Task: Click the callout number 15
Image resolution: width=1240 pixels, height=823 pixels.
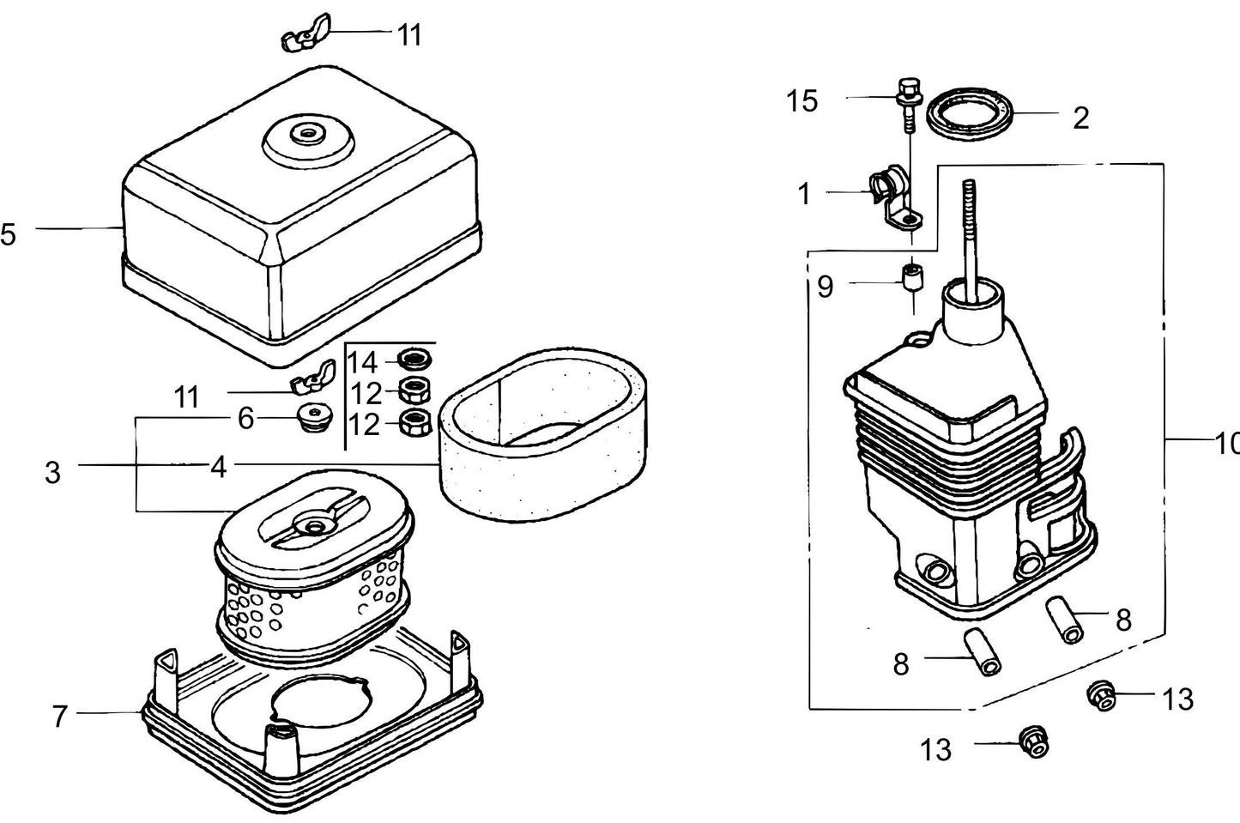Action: (x=802, y=101)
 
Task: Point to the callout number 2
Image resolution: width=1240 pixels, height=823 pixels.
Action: (x=1080, y=118)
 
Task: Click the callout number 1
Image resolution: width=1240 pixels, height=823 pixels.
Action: (x=804, y=195)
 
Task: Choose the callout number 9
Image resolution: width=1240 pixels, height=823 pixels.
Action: (x=825, y=287)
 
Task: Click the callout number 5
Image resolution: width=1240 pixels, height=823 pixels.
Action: (x=8, y=233)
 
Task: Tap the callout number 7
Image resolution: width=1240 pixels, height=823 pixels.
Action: (x=59, y=716)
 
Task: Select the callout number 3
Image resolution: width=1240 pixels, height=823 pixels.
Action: (x=52, y=471)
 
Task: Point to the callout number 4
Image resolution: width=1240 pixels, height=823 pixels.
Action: (x=219, y=468)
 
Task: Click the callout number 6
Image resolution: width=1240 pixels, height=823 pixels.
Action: (x=245, y=419)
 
